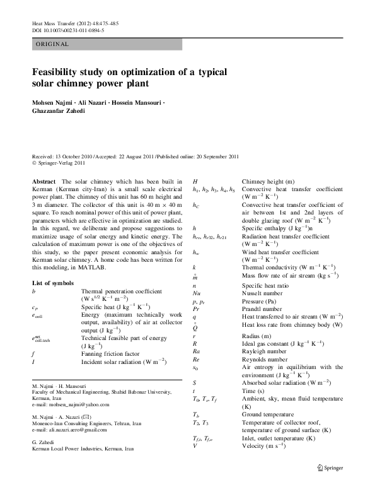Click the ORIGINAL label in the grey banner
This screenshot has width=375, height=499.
click(x=52, y=44)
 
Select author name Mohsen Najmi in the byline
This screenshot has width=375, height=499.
click(x=54, y=103)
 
